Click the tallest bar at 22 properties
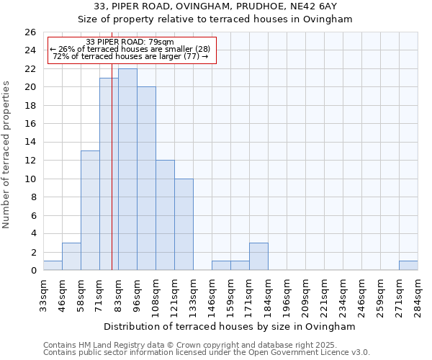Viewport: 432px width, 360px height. (127, 169)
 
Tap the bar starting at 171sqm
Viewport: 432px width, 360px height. (258, 256)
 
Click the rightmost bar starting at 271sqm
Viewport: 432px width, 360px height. (408, 266)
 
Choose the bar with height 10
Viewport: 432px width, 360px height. (184, 224)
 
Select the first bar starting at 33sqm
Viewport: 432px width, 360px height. (53, 266)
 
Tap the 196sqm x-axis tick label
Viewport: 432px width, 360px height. (287, 294)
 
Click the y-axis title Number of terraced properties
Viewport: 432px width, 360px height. (6, 155)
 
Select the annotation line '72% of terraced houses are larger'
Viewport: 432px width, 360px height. (130, 56)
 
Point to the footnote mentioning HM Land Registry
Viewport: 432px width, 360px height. (206, 345)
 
